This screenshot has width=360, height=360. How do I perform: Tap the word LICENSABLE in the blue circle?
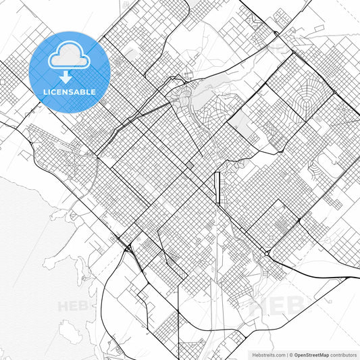[x=70, y=91]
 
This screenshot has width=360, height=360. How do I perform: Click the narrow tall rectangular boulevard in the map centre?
[x=217, y=188]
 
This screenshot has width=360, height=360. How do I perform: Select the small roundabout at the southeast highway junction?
[x=268, y=252]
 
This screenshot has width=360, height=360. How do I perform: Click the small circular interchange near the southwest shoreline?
[x=127, y=249]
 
